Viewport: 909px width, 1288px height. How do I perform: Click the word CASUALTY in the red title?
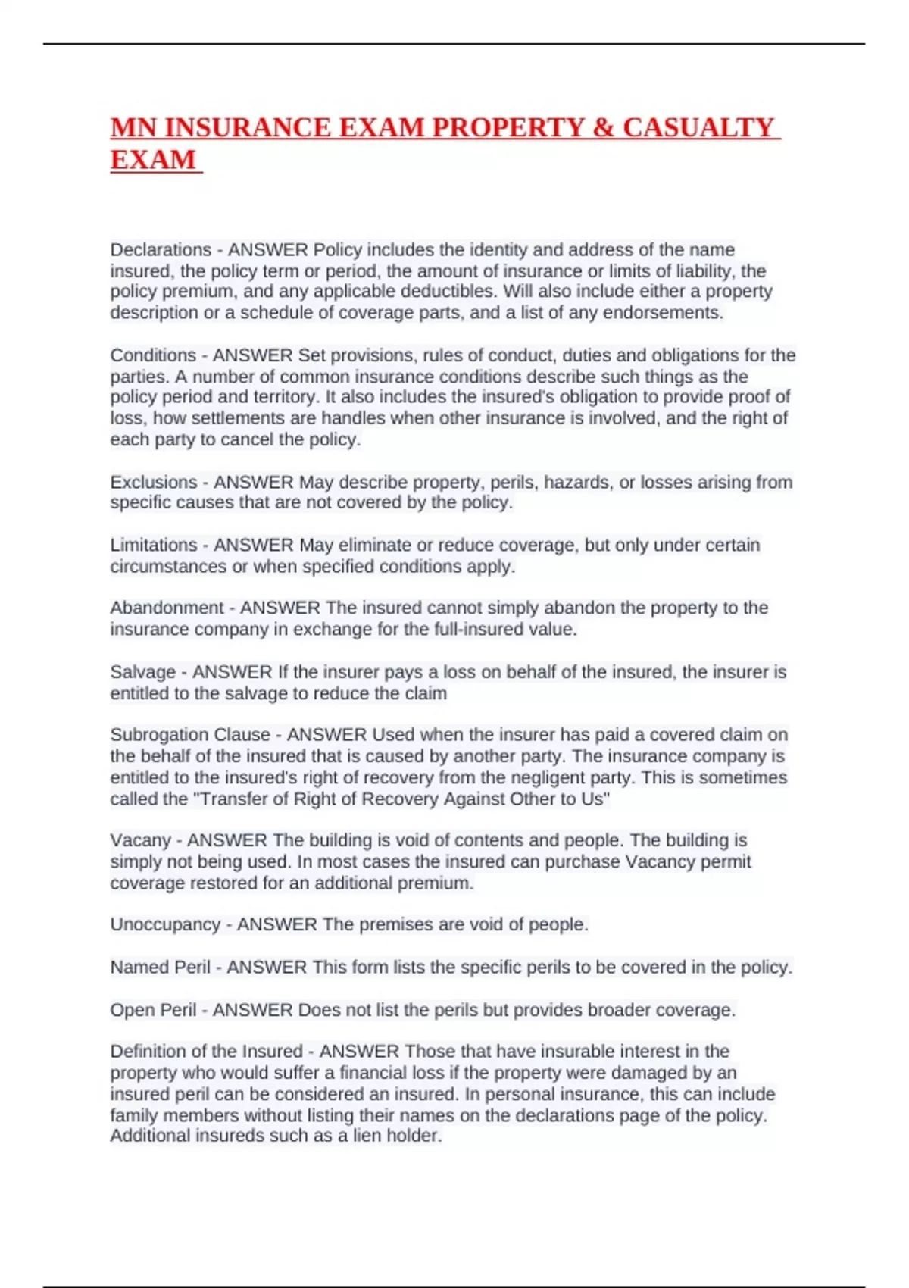(x=698, y=127)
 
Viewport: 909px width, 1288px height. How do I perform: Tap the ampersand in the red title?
(x=603, y=127)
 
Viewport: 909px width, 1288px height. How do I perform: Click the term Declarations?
(x=161, y=250)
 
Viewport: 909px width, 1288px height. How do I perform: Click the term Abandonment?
(x=167, y=608)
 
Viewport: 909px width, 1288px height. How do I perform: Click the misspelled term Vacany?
(x=140, y=840)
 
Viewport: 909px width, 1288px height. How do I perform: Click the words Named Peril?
(x=160, y=968)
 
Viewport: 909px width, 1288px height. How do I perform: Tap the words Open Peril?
(x=153, y=1010)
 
